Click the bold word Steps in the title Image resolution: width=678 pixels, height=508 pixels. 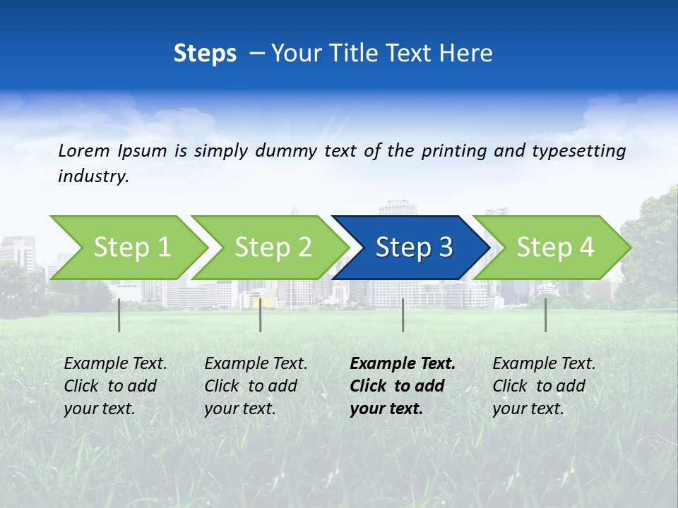[205, 53]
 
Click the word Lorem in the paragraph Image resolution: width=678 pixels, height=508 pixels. [84, 150]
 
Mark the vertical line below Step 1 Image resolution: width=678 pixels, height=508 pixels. [119, 315]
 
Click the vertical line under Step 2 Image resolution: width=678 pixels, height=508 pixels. [261, 315]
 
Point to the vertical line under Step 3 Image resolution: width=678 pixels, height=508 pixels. [403, 315]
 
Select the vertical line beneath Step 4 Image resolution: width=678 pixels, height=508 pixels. [545, 315]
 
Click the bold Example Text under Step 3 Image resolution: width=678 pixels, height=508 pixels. [403, 364]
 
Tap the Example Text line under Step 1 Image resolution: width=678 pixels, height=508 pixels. [115, 364]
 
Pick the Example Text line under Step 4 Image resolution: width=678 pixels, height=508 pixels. [544, 364]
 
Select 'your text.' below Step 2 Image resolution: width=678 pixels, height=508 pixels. [240, 409]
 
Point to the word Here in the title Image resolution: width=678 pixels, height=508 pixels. [465, 53]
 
